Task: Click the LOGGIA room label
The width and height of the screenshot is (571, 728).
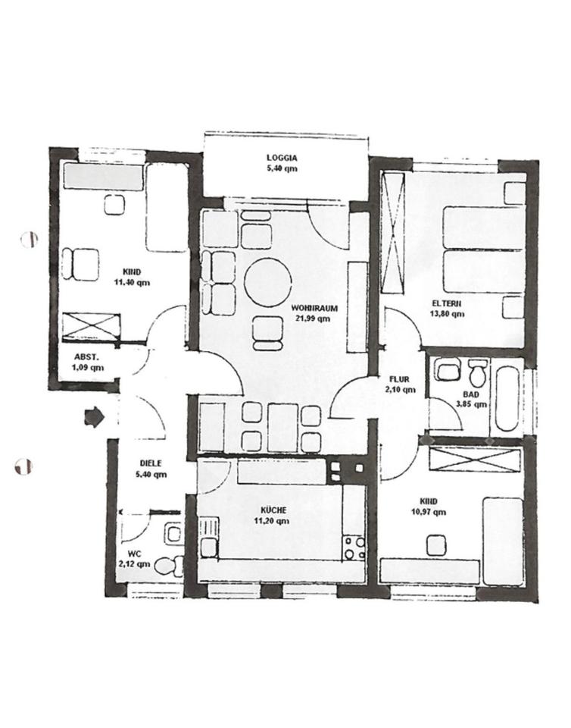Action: coord(282,158)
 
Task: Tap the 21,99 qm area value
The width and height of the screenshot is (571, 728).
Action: coord(314,318)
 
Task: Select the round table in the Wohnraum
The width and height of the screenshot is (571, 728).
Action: coord(268,282)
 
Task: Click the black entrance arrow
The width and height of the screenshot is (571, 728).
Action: coord(95,417)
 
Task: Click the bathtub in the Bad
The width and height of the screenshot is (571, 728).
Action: coord(507,399)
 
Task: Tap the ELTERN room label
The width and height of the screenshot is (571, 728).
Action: coord(446,303)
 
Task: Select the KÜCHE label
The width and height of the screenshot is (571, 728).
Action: coord(273,510)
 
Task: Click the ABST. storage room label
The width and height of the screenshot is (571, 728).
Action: coord(86,357)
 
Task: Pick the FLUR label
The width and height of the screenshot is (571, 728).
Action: coord(399,379)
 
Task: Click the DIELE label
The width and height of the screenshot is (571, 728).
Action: coord(151,463)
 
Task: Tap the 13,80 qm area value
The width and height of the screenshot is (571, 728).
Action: coord(447,314)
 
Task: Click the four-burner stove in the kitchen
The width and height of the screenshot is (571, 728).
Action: coord(354,548)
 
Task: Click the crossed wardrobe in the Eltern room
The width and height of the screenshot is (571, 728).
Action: coord(393,233)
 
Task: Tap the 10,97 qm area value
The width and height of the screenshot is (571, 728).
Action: coord(429,512)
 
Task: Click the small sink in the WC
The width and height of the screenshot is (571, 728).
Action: coord(174,534)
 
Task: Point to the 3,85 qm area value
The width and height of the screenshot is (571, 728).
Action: coord(471,404)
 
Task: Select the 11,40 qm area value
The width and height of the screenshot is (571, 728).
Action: coord(132,282)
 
